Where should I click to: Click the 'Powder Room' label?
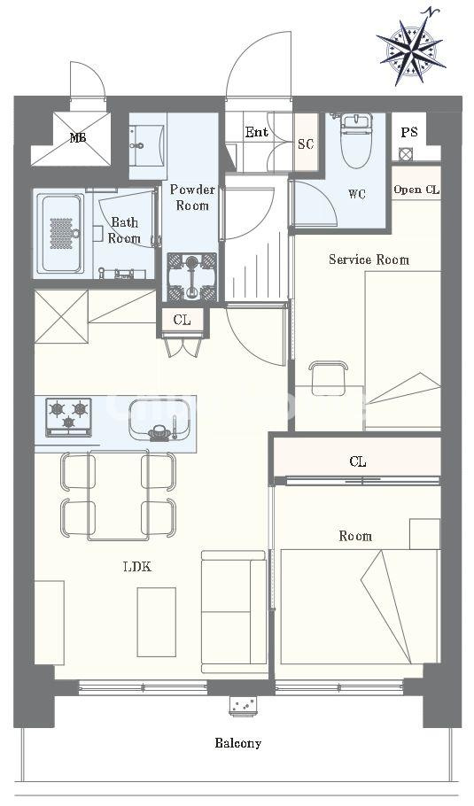coord(192,198)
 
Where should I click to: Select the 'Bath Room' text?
coord(124,229)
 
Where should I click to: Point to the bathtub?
coord(62,233)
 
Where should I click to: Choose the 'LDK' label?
coord(137,567)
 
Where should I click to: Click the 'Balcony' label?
coord(237,743)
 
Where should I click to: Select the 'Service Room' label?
coord(369,259)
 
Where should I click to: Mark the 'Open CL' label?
coord(416,190)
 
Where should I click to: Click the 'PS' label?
coord(409,132)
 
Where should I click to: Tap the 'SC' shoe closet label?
coord(306,143)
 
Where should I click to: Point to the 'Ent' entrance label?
coord(257,132)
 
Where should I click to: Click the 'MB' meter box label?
coord(78,137)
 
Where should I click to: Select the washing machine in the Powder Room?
coord(192,276)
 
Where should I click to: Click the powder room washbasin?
coord(148,145)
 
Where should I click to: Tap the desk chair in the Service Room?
coord(328,378)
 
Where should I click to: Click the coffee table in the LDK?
coord(156,622)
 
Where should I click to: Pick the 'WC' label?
coord(357,194)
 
